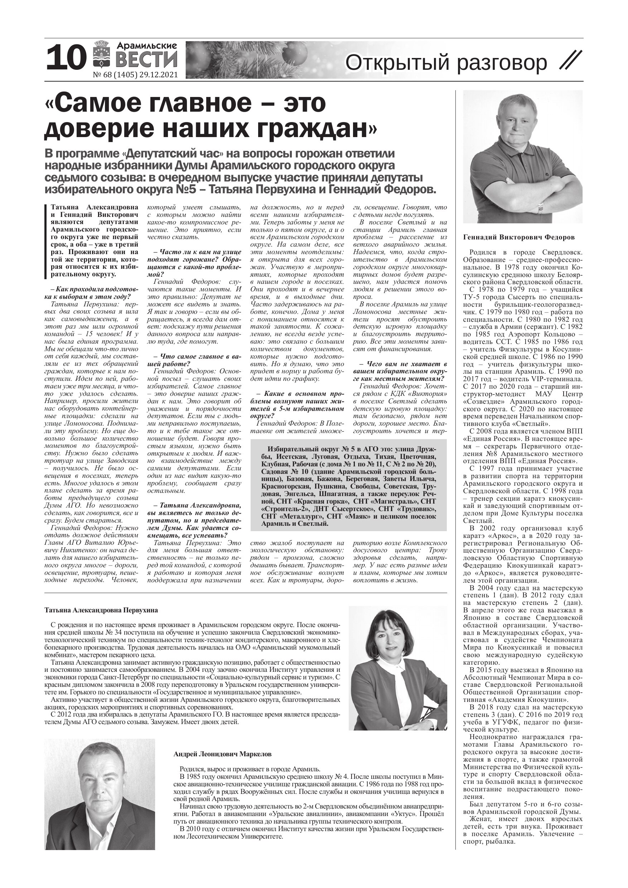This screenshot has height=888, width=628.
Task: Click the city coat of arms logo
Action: coord(101,58)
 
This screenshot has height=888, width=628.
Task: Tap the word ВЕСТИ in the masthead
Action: coord(147,60)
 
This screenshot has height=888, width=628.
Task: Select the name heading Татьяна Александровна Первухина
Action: coord(101,610)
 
